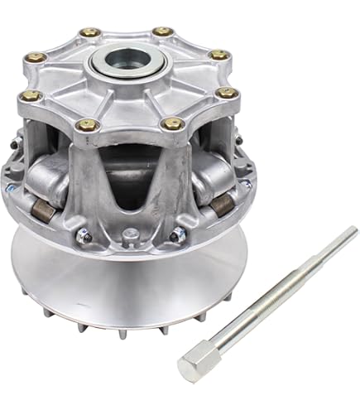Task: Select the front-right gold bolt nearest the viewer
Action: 173,123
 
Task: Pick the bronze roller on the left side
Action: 46,211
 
